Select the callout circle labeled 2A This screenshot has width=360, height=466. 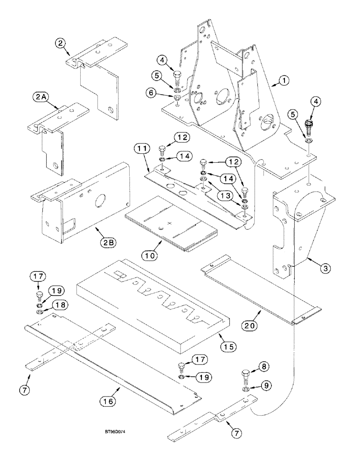point(40,97)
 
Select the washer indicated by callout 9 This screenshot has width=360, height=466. point(245,389)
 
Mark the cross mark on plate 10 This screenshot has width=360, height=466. point(169,225)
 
